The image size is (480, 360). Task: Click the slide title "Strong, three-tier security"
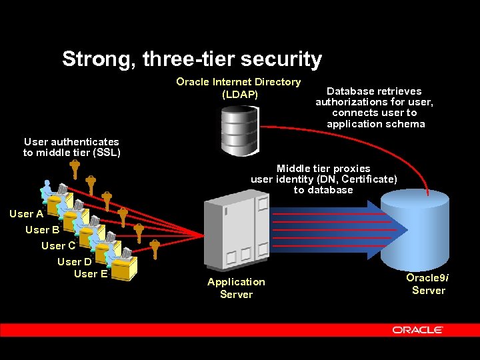(192, 59)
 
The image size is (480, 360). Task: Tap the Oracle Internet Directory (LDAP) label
(239, 88)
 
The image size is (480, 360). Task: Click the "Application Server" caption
(236, 288)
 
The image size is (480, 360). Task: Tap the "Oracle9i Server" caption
(428, 283)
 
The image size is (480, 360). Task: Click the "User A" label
(27, 214)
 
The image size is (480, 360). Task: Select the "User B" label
(43, 230)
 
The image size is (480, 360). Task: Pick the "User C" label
(58, 246)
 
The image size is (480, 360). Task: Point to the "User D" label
(74, 262)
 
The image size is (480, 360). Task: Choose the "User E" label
(91, 273)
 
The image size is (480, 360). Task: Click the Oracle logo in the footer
(417, 330)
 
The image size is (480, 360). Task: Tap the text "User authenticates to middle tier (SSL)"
(71, 147)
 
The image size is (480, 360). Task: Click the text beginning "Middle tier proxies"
(323, 179)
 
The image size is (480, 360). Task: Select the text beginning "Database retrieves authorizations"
(374, 107)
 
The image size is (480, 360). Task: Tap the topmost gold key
(75, 170)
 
